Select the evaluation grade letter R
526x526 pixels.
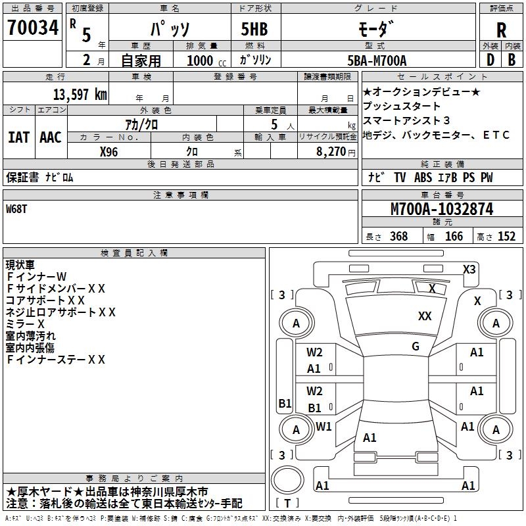pos(501,30)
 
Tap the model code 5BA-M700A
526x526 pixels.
pos(377,60)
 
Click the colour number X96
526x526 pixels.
pos(109,151)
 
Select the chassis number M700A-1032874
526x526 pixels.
pos(442,209)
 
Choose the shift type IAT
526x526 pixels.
pos(18,137)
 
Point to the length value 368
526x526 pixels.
pos(398,237)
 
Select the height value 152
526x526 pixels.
pos(506,237)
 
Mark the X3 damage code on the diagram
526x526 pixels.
pos(469,269)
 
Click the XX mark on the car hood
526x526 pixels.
pos(425,316)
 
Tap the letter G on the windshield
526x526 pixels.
pos(416,347)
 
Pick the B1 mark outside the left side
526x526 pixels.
pos(285,404)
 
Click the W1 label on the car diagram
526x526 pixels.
pos(323,427)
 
